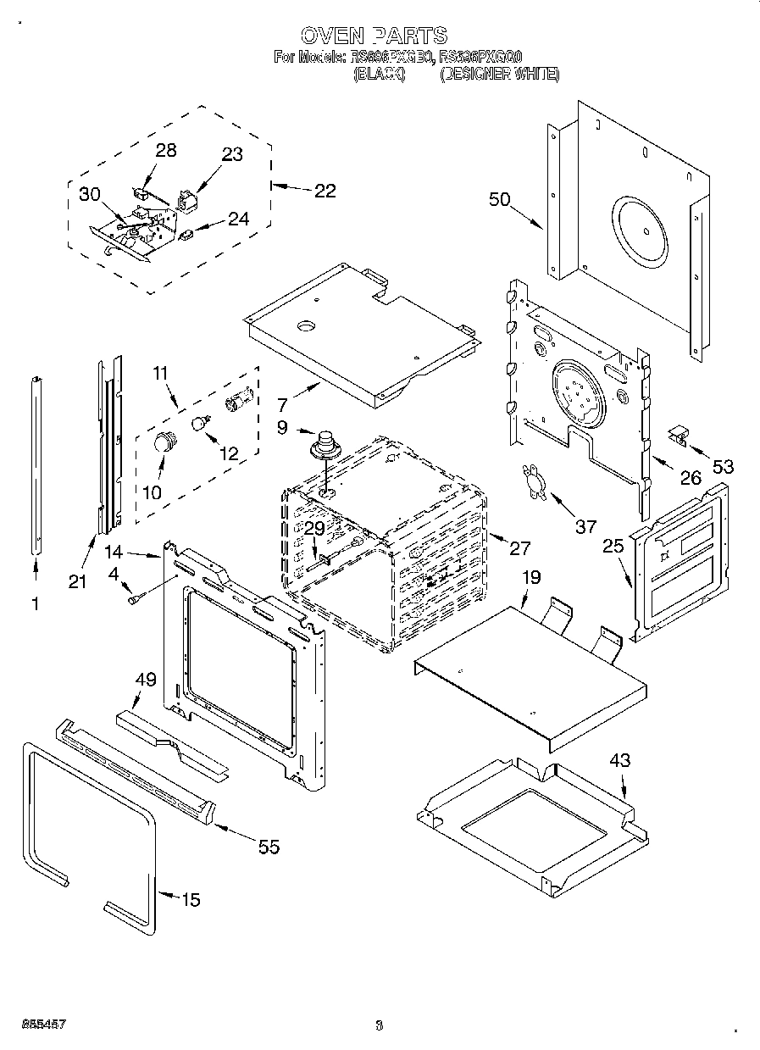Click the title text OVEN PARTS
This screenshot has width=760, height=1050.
tap(374, 36)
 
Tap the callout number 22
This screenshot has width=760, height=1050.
tap(325, 191)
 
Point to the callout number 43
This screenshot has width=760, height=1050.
tap(620, 761)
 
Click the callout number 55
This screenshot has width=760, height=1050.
tap(268, 847)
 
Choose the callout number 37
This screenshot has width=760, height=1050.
tap(586, 527)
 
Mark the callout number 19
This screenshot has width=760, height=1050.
tap(530, 578)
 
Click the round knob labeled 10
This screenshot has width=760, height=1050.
tap(163, 442)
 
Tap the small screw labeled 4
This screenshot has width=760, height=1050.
tap(134, 599)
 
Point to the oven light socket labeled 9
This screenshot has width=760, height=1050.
tap(324, 445)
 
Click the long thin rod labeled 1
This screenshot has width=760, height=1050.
tap(36, 466)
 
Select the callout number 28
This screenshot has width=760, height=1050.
tap(166, 150)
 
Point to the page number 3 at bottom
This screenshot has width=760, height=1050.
tap(379, 1025)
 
